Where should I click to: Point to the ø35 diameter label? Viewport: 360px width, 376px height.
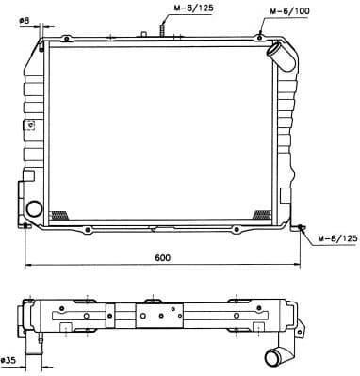point(10,360)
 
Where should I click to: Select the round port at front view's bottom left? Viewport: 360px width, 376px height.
point(35,208)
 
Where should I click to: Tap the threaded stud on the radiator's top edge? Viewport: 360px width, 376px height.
point(163,29)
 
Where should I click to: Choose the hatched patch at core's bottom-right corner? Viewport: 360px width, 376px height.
point(262,214)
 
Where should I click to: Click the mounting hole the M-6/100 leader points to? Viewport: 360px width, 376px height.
point(259,36)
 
